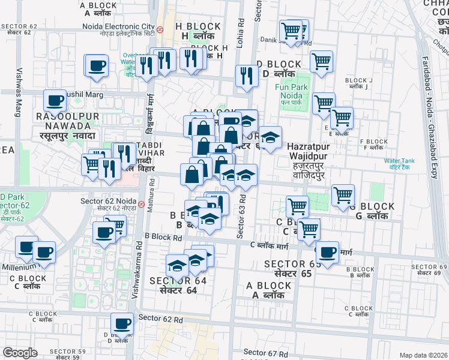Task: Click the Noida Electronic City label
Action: pyautogui.click(x=119, y=26)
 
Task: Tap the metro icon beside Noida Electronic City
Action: pyautogui.click(x=160, y=29)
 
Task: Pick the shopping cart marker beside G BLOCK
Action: pyautogui.click(x=343, y=194)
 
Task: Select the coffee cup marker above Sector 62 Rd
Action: pyautogui.click(x=123, y=323)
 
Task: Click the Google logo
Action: pyautogui.click(x=20, y=352)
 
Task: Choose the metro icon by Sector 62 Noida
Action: pyautogui.click(x=140, y=204)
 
